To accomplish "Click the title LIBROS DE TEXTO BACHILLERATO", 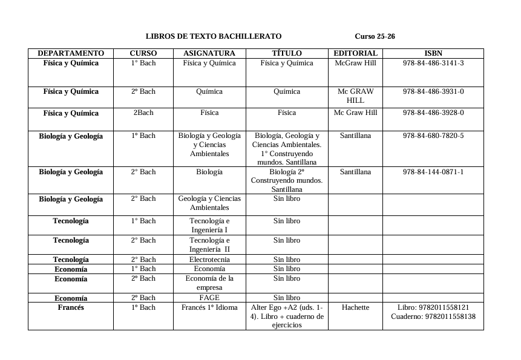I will pos(214,36).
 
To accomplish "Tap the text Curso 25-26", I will pos(375,36).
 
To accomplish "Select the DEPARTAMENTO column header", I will pos(71,53).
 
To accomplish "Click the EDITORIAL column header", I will pos(355,53).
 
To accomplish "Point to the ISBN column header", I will pos(433,53).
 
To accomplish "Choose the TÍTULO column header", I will pos(287,53).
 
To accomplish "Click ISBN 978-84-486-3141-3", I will pos(433,63).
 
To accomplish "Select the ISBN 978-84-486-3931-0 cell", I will pos(433,91).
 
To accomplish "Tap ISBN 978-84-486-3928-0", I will pos(433,113).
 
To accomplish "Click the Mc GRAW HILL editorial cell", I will pos(355,96).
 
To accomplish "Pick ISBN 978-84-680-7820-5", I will pos(433,136).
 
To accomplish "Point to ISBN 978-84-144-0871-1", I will pos(433,172).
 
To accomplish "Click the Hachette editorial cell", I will pos(355,307).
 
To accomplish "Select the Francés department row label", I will pos(71,307).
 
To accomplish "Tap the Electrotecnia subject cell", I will pos(209,260).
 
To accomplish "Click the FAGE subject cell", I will pos(209,298).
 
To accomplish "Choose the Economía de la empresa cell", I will pos(209,283).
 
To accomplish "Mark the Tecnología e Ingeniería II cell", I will pos(209,244).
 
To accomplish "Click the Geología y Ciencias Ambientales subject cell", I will pos(209,203).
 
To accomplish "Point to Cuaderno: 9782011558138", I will pos(433,316).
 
